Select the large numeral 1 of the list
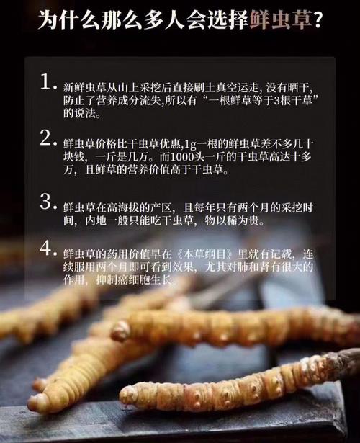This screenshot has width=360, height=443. coord(48,82)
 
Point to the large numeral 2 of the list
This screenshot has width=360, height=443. coord(48,139)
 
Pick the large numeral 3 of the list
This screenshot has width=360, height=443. coord(48,200)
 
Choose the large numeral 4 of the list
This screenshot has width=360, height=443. coord(48,249)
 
